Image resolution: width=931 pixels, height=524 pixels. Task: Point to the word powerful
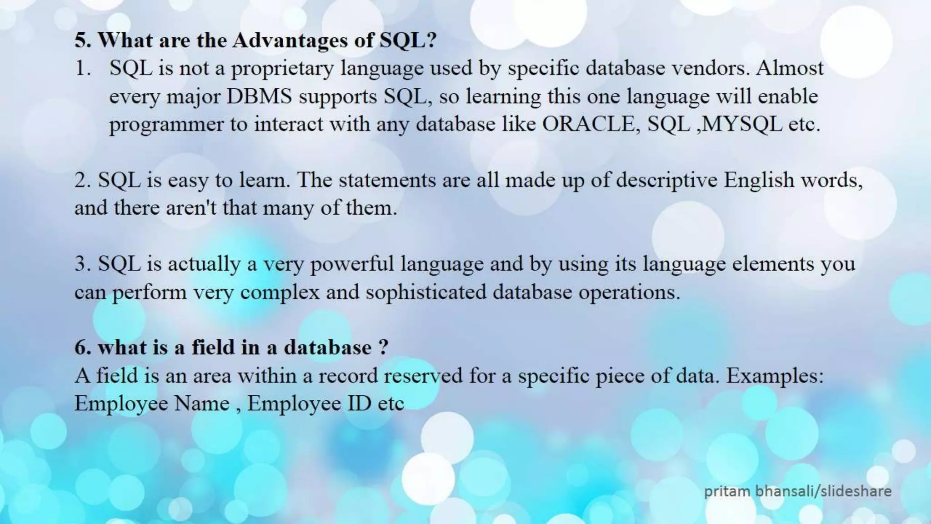tap(352, 264)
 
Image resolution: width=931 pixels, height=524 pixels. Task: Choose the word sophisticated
tap(426, 292)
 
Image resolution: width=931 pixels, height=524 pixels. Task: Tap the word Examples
tap(775, 376)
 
